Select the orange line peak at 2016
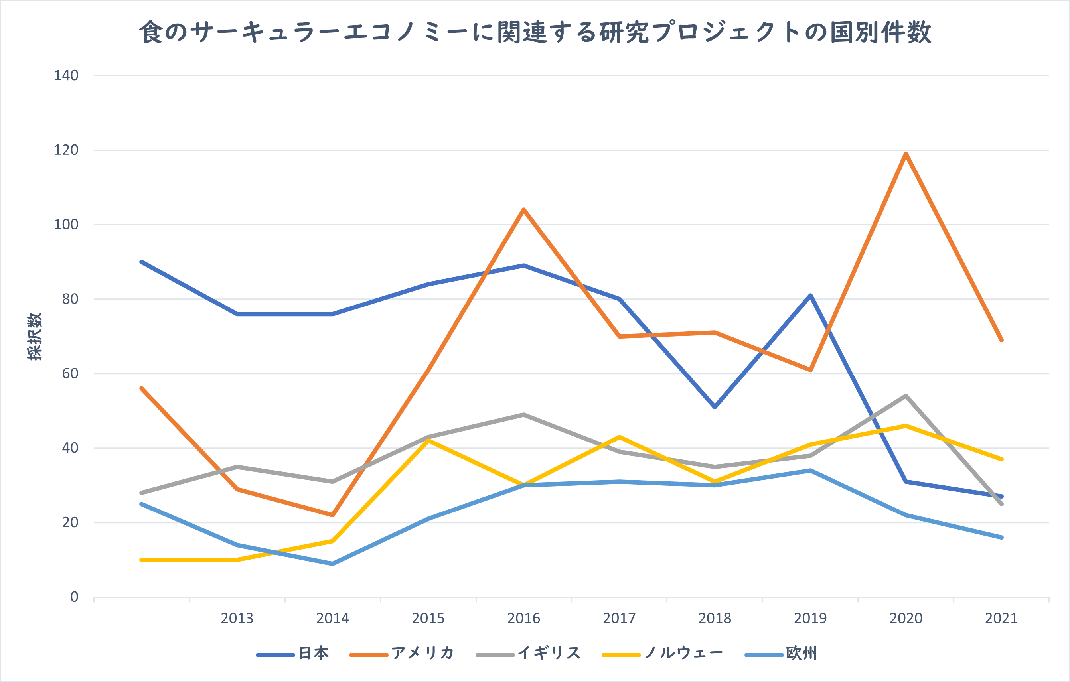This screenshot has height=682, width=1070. tap(524, 209)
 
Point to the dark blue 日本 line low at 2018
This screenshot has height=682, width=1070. tap(715, 407)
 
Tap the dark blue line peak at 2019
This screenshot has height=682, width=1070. tap(811, 296)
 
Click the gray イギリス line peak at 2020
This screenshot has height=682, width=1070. tap(906, 396)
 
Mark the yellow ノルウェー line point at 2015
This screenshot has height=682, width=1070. tap(428, 440)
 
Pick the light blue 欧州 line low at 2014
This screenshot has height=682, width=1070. tap(332, 564)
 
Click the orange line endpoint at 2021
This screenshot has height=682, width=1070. tap(1001, 340)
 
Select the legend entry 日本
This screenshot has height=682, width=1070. tap(313, 653)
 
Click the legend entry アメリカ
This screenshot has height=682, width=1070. tap(422, 653)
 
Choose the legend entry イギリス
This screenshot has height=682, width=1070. tap(549, 653)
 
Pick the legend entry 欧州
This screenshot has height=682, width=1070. tap(801, 653)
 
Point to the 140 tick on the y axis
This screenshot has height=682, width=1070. tap(66, 75)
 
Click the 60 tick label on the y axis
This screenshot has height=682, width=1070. tap(70, 374)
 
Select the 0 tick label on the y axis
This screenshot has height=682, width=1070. tap(74, 597)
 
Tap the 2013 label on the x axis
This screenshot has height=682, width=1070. tap(237, 618)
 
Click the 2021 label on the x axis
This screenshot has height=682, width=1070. tap(1001, 618)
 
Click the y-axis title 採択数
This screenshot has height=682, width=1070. tap(35, 336)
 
